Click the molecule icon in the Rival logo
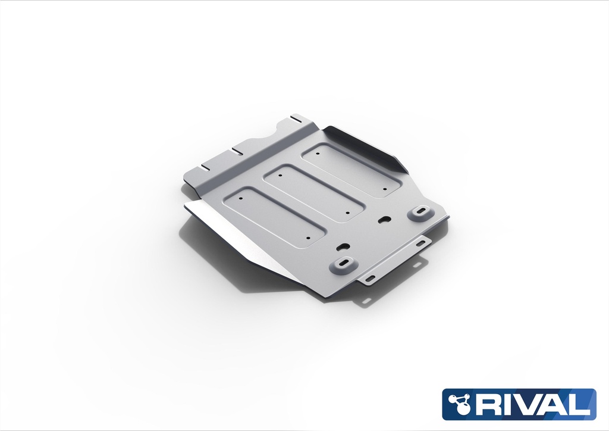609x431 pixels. [462, 404]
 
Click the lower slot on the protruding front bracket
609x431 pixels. [371, 279]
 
